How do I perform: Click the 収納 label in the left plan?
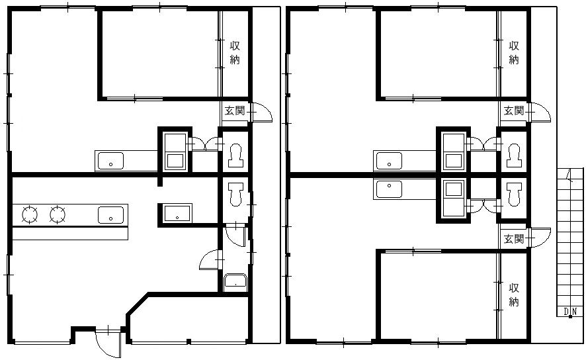click(x=235, y=53)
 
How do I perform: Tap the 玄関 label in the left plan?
click(x=235, y=111)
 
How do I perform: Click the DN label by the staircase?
click(x=571, y=311)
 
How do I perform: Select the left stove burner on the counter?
click(x=30, y=214)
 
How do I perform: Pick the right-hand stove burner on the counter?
click(x=58, y=214)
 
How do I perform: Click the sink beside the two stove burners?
click(x=110, y=215)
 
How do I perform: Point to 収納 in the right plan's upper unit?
click(x=514, y=53)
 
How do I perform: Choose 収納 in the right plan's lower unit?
click(x=514, y=294)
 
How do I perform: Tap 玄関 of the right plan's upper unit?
click(x=514, y=111)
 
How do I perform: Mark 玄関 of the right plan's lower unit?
click(x=514, y=238)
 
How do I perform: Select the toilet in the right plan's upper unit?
click(x=514, y=155)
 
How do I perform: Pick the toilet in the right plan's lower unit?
click(x=514, y=195)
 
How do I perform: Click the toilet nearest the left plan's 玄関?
click(x=235, y=155)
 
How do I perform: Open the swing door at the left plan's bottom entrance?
click(x=108, y=342)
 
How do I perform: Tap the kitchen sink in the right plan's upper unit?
click(x=389, y=161)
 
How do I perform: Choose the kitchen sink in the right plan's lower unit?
click(x=389, y=189)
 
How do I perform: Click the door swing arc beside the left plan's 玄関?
click(x=263, y=111)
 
